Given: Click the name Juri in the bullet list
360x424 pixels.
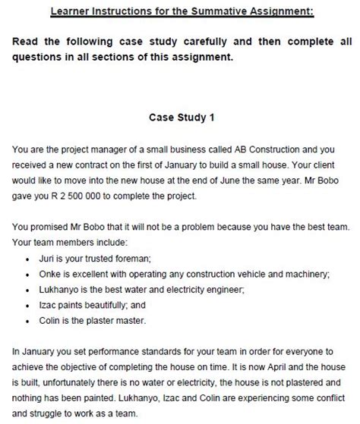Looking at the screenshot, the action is click(46, 259).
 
